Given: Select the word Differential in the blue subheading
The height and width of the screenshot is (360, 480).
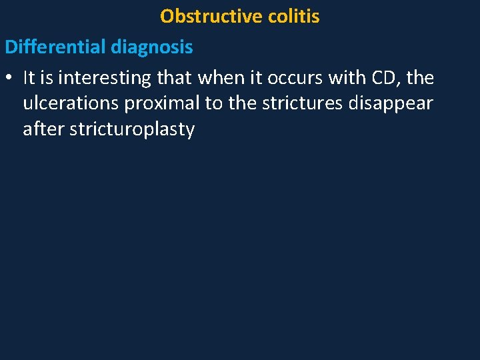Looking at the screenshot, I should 55,47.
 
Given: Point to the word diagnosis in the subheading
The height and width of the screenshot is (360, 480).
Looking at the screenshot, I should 152,47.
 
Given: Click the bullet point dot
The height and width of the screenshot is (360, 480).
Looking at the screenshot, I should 9,79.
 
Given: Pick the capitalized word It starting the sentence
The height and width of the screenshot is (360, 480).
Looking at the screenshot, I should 29,78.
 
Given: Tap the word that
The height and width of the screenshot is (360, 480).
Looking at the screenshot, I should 175,78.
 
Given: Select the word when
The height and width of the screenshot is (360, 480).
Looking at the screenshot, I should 219,78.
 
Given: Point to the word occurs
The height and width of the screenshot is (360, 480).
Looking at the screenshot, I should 295,78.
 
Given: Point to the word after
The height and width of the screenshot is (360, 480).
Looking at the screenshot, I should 42,129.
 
